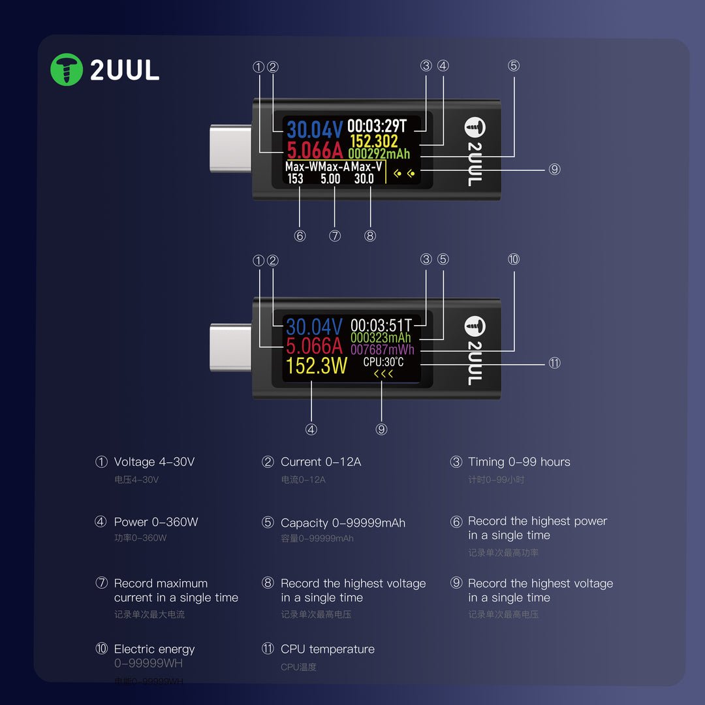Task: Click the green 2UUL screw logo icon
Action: tap(67, 70)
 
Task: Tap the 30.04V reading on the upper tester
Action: tap(314, 130)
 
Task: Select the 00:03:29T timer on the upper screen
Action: tap(377, 126)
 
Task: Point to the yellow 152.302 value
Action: tap(373, 141)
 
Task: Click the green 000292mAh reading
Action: tap(379, 154)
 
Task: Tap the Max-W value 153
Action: tap(295, 179)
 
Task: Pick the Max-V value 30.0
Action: tap(364, 179)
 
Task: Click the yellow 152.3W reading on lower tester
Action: tap(317, 366)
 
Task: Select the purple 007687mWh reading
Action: tap(383, 350)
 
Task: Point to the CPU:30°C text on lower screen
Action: tap(383, 362)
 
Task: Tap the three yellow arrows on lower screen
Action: tap(383, 374)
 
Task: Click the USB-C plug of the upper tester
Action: tap(230, 149)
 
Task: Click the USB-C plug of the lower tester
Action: tap(230, 347)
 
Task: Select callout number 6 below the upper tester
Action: tap(300, 236)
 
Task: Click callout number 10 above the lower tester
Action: tap(514, 259)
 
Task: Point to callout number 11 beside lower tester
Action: tap(554, 363)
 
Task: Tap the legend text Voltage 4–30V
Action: tap(154, 462)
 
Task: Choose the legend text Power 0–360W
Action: tap(156, 522)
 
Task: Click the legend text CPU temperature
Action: tap(327, 650)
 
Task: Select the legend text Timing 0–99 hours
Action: tap(519, 462)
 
